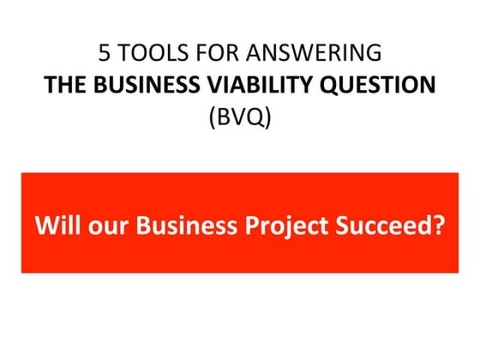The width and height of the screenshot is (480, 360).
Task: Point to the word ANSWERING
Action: tap(311, 52)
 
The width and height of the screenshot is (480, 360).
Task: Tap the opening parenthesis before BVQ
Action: tap(213, 116)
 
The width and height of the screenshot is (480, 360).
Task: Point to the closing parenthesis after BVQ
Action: tap(267, 116)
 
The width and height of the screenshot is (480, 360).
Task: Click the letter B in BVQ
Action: tap(223, 116)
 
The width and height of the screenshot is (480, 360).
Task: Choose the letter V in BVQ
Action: tap(237, 116)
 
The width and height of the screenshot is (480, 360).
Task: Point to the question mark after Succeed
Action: tap(440, 226)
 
